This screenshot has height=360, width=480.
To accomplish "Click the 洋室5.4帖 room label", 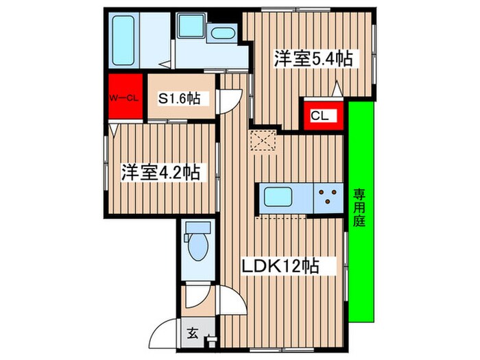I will [x=313, y=58].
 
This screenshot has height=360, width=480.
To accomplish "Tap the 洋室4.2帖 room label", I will [x=161, y=173].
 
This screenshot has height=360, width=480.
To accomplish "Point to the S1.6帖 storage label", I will [x=180, y=99].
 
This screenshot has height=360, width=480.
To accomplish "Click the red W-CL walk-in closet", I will [x=123, y=97].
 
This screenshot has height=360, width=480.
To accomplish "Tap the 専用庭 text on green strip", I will [x=360, y=208].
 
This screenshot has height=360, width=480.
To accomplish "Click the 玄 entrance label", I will [x=193, y=335].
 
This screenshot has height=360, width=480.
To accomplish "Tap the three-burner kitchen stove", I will [x=328, y=197].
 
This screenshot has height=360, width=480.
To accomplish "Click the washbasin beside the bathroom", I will [x=221, y=32].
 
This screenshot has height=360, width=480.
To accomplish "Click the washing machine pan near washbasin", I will [x=190, y=27].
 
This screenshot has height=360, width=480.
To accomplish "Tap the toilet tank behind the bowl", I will [x=197, y=228].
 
